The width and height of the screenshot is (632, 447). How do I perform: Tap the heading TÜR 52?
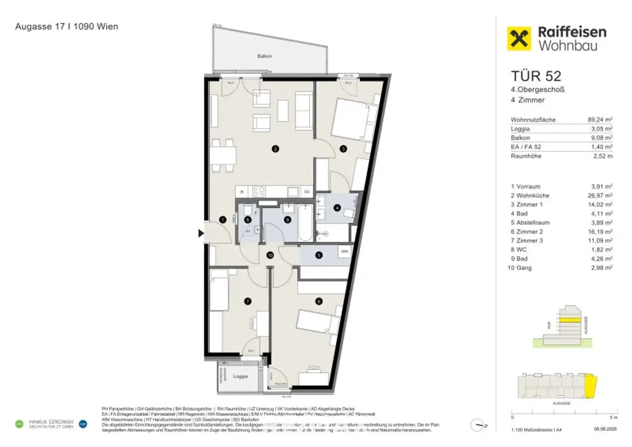click(536, 76)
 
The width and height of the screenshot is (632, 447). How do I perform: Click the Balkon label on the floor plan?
click(265, 56)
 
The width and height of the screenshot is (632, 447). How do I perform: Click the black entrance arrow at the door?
click(201, 233)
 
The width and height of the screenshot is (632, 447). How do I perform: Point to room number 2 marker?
click(276, 148)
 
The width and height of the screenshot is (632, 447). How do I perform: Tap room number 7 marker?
click(247, 301)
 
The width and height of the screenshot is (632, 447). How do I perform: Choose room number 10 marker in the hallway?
click(270, 255)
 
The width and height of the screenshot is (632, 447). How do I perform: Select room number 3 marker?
click(343, 148)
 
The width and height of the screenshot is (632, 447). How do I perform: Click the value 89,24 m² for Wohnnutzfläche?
click(599, 120)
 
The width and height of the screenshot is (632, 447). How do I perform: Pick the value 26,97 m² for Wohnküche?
click(600, 196)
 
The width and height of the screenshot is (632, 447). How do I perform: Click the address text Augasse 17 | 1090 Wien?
click(67, 27)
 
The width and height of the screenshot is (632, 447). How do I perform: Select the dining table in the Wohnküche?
click(223, 154)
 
